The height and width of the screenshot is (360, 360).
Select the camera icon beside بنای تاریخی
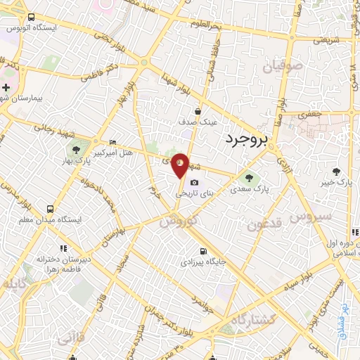(194, 183)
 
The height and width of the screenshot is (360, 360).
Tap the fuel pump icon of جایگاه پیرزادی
(203, 252)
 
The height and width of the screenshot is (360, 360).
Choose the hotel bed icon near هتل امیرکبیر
(113, 142)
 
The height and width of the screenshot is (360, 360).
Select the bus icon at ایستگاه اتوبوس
(31, 18)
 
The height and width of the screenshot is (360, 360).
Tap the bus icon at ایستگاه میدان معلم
(50, 209)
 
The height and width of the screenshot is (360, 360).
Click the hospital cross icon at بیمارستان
(7, 88)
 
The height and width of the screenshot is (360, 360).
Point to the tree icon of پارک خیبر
(336, 171)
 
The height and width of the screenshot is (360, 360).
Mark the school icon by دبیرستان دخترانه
(63, 248)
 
